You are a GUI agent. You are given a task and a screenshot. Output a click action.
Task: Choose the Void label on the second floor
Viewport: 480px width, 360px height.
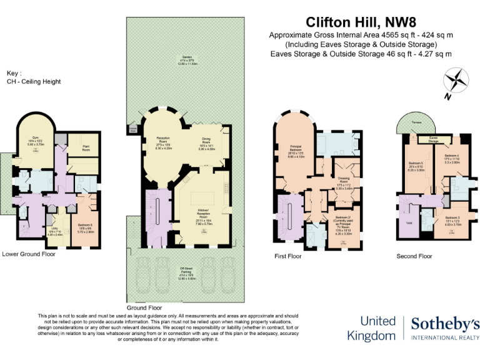(409, 222)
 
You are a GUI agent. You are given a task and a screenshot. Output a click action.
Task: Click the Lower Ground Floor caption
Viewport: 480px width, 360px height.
(29, 254)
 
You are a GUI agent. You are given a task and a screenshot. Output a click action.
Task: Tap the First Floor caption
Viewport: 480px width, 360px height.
(288, 256)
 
